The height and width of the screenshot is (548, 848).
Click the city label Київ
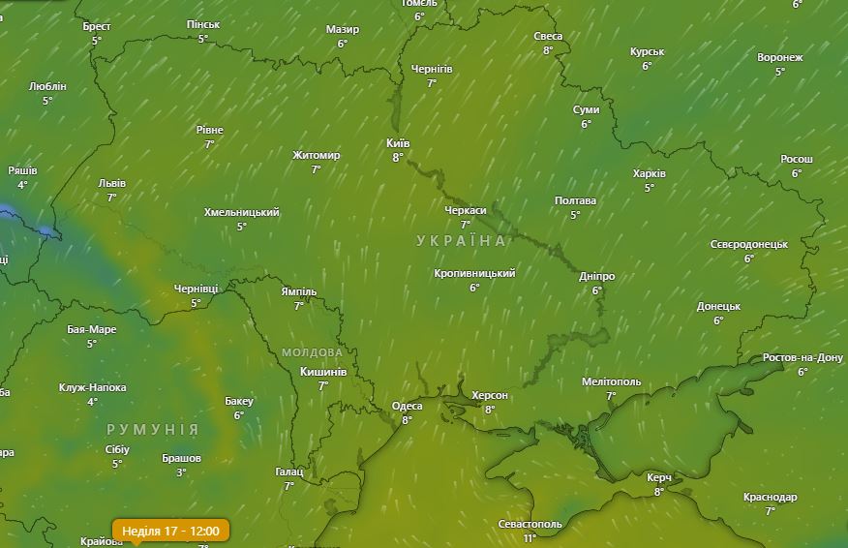click(x=398, y=143)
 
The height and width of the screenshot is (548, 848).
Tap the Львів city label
click(x=112, y=184)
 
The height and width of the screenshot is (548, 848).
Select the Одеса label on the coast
click(x=407, y=407)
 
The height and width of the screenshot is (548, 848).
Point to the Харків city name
click(x=649, y=174)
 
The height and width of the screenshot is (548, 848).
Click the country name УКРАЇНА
click(x=462, y=240)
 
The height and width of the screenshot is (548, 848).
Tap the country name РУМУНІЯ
click(x=152, y=429)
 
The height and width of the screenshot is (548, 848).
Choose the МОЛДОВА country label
click(x=312, y=352)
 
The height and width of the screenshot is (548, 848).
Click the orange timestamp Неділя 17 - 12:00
click(x=170, y=531)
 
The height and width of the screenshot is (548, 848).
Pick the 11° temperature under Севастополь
click(x=530, y=538)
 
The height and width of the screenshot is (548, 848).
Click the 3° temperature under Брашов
click(x=181, y=472)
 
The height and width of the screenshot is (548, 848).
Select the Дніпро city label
click(x=596, y=277)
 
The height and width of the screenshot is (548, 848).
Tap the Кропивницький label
click(x=474, y=274)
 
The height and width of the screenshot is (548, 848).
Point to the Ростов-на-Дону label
click(x=803, y=358)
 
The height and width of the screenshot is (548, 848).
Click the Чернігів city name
click(x=432, y=70)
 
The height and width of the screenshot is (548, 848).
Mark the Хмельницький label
click(x=242, y=212)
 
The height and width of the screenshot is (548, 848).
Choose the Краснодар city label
click(x=771, y=498)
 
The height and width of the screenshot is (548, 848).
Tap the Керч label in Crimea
click(x=659, y=478)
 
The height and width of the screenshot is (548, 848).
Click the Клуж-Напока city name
click(x=93, y=388)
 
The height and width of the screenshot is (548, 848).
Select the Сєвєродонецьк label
click(x=749, y=245)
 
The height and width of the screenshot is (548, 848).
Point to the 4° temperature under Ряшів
click(x=22, y=185)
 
